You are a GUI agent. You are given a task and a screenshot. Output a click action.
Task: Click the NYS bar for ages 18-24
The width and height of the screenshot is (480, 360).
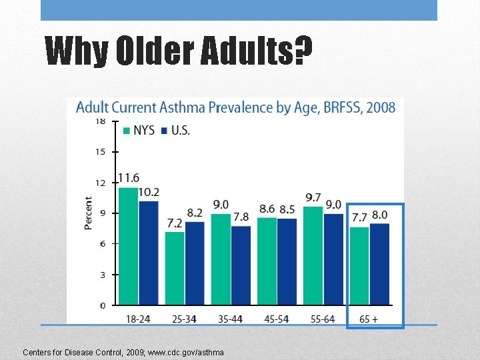point(129,246)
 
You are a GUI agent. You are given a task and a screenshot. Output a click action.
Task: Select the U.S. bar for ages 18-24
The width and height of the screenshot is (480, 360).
point(149,253)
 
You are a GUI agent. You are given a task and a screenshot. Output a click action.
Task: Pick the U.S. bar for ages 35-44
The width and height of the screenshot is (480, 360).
point(241,265)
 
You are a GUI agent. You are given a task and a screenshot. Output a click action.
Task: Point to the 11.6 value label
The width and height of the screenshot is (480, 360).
point(129,178)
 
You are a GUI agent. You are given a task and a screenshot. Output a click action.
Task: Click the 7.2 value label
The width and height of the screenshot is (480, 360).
point(174,223)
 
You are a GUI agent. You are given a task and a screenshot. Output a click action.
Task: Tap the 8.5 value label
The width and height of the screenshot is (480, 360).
point(287,209)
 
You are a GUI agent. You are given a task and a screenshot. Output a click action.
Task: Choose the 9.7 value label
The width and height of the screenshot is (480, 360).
point(313,197)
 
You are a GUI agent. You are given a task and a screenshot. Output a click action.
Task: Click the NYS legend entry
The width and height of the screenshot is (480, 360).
point(139,131)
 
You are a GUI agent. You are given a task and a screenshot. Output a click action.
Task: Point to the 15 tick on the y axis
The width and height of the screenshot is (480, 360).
point(100,151)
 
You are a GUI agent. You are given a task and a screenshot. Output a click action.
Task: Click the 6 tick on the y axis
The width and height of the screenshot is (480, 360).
point(102,244)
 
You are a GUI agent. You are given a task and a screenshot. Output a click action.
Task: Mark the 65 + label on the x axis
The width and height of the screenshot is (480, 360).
point(369,319)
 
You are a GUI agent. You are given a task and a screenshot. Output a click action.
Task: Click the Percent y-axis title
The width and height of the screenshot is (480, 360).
point(89,213)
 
